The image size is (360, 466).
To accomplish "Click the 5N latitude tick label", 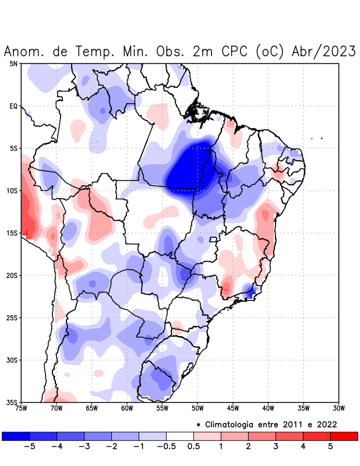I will (x=13, y=63).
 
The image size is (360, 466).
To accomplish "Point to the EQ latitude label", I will (x=13, y=106).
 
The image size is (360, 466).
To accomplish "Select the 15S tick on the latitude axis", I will (x=12, y=233).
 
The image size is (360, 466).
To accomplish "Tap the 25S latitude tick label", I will (x=12, y=317).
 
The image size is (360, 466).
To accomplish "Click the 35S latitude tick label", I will (x=12, y=402).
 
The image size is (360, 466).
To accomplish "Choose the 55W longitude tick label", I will (x=162, y=408).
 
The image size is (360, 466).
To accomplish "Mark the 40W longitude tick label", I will (x=268, y=408).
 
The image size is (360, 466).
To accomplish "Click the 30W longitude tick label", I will (x=338, y=408).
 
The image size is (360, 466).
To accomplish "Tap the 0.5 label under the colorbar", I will (x=193, y=447).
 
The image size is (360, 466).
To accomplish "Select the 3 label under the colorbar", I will (x=276, y=447).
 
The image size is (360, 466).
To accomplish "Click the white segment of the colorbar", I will (x=180, y=436).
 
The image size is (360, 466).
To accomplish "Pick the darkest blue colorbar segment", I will (x=16, y=436).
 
